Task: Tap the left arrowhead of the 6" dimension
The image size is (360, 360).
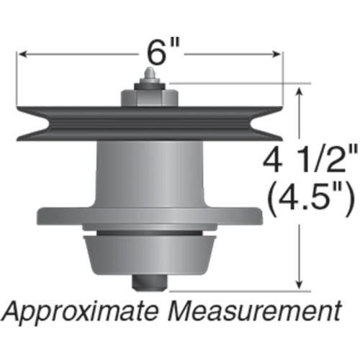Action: coord(23,54)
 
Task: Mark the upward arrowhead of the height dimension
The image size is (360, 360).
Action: coord(300,89)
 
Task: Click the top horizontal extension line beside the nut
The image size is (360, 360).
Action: coord(238,84)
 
